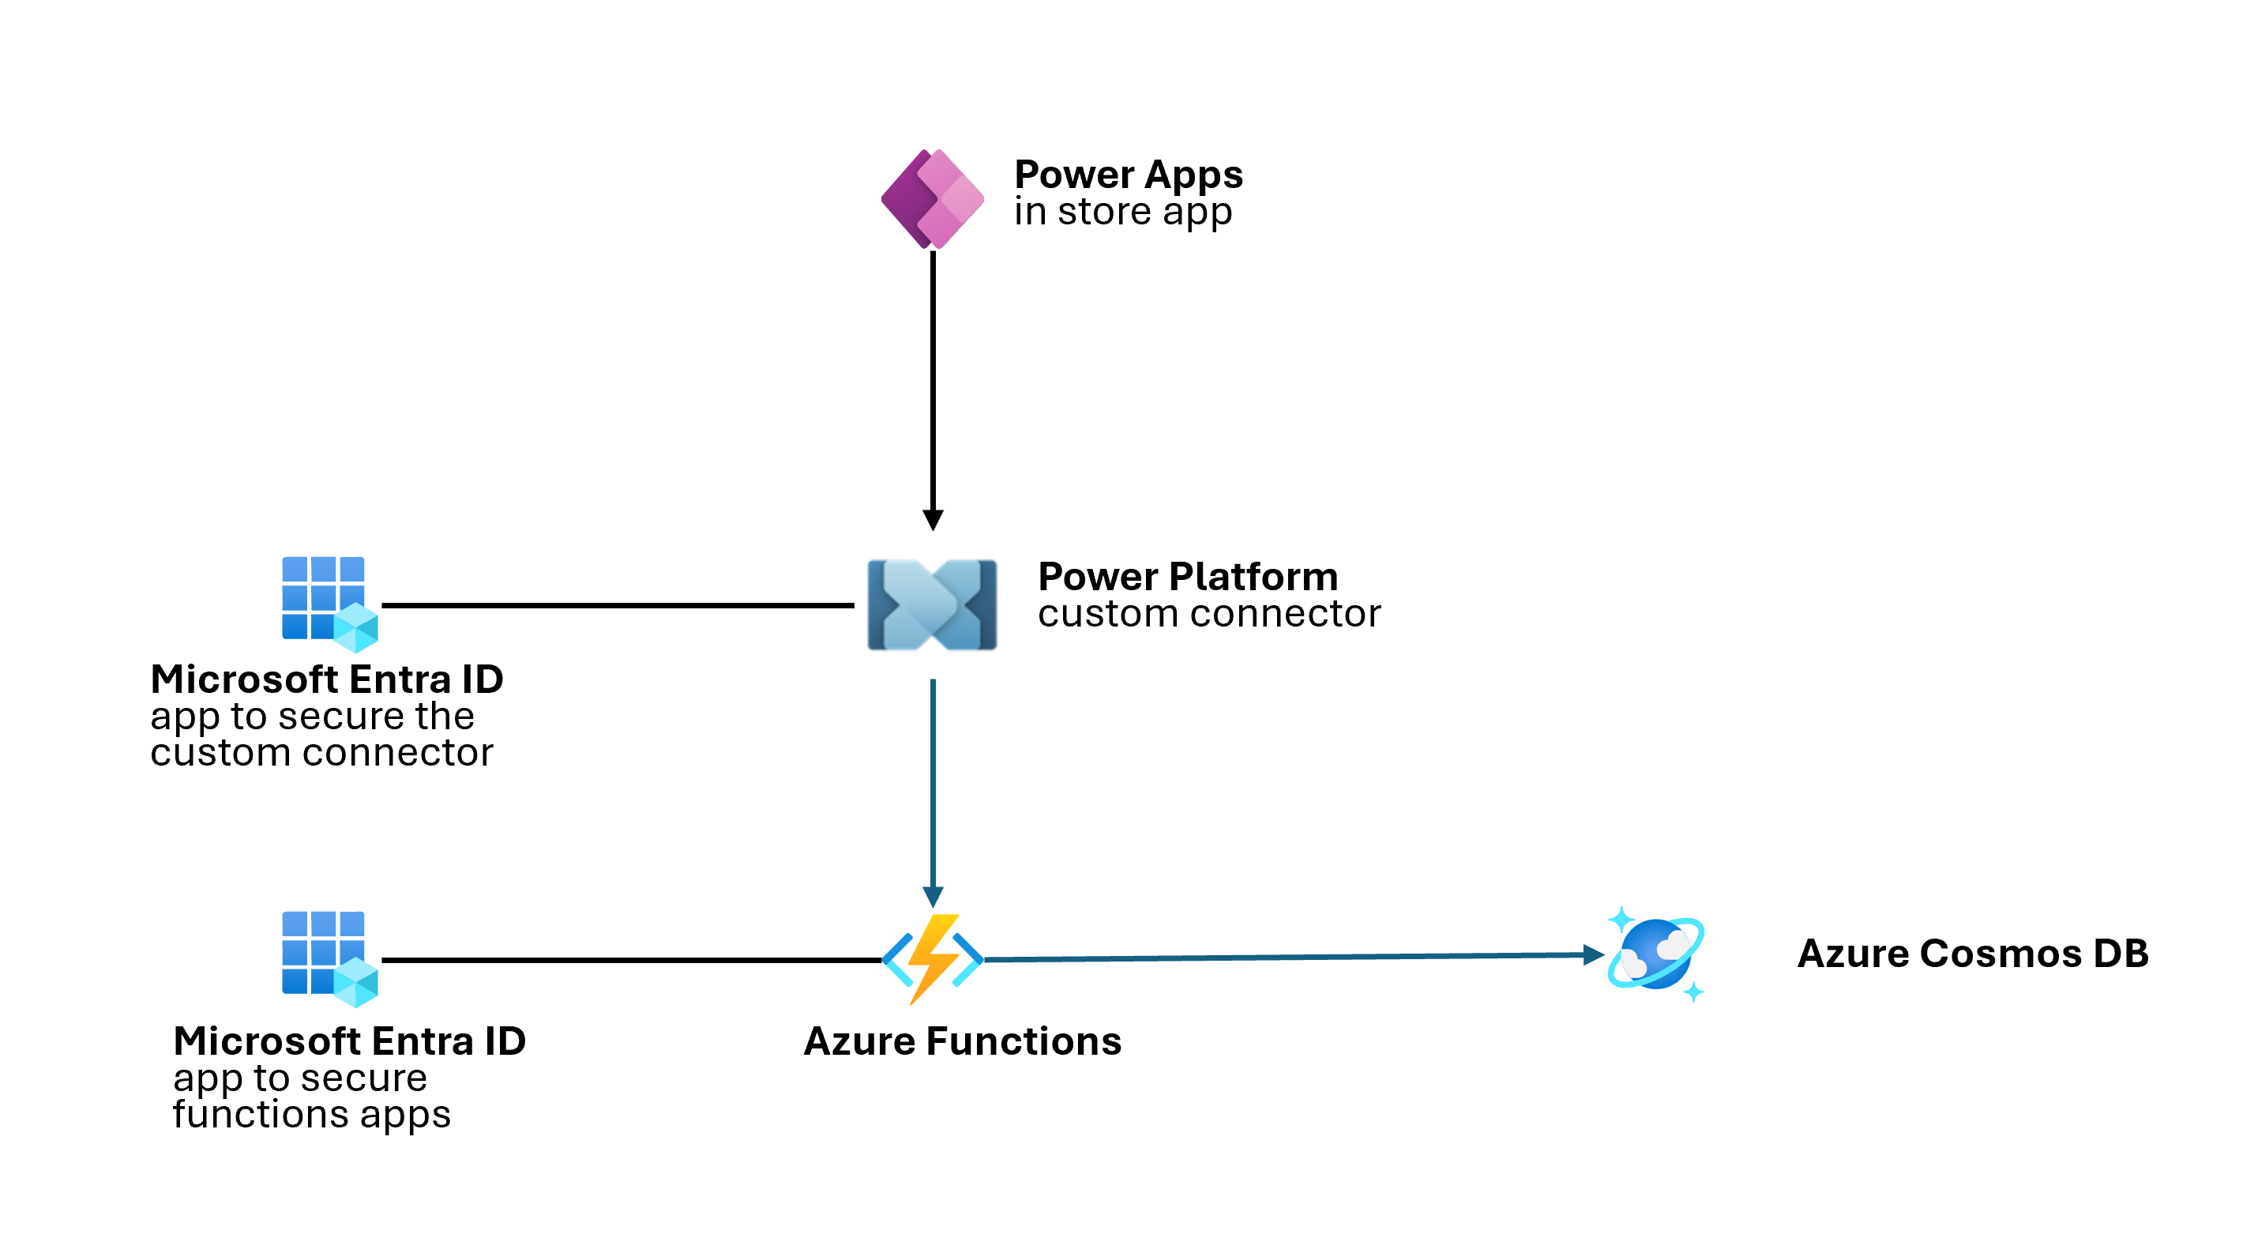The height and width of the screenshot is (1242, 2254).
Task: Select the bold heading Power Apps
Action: click(x=1128, y=174)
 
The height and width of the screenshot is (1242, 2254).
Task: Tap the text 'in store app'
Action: click(x=1122, y=212)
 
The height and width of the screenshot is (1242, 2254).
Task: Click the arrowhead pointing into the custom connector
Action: click(x=933, y=520)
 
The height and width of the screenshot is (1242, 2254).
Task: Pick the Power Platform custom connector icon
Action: click(x=932, y=605)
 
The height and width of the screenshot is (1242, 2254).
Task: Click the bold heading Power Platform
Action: click(x=1187, y=577)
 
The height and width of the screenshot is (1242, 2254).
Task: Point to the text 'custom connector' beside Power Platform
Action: click(x=1208, y=614)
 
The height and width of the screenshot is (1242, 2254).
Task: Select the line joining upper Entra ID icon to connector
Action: click(x=617, y=605)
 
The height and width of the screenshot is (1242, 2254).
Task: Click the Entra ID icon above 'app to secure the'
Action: click(x=328, y=603)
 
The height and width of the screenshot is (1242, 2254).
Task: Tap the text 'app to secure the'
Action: click(x=313, y=716)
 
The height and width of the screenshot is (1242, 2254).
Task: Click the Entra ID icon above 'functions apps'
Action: click(x=328, y=958)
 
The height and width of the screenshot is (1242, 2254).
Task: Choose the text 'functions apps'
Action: click(x=311, y=1114)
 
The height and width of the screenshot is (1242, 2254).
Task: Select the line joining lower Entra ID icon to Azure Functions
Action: click(x=630, y=960)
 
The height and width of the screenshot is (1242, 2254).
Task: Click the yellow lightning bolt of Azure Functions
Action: click(x=933, y=958)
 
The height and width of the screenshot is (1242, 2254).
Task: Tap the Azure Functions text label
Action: click(x=962, y=1041)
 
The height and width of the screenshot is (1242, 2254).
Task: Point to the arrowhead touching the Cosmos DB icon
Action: click(x=1592, y=955)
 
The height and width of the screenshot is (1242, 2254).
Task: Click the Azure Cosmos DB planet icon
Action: click(x=1655, y=954)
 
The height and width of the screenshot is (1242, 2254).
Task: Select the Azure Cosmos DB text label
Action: click(x=1972, y=954)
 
